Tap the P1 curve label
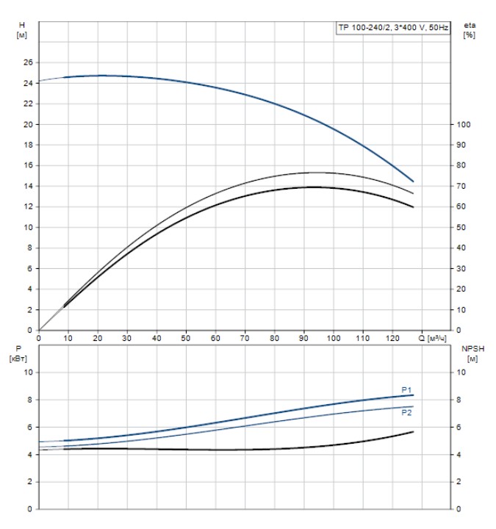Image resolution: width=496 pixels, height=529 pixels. [x=406, y=389]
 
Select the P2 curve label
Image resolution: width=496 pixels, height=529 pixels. [x=406, y=413]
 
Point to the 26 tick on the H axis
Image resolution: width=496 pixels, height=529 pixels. [x=29, y=62]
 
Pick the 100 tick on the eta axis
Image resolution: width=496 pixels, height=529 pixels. [x=463, y=124]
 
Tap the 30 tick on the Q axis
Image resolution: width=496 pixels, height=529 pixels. [x=127, y=339]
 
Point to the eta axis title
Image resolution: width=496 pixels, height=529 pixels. [x=469, y=31]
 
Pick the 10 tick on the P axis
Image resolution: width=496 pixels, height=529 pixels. [x=29, y=373]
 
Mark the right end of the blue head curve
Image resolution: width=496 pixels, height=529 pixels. [x=413, y=181]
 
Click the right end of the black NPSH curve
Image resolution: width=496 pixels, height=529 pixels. [x=413, y=431]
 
